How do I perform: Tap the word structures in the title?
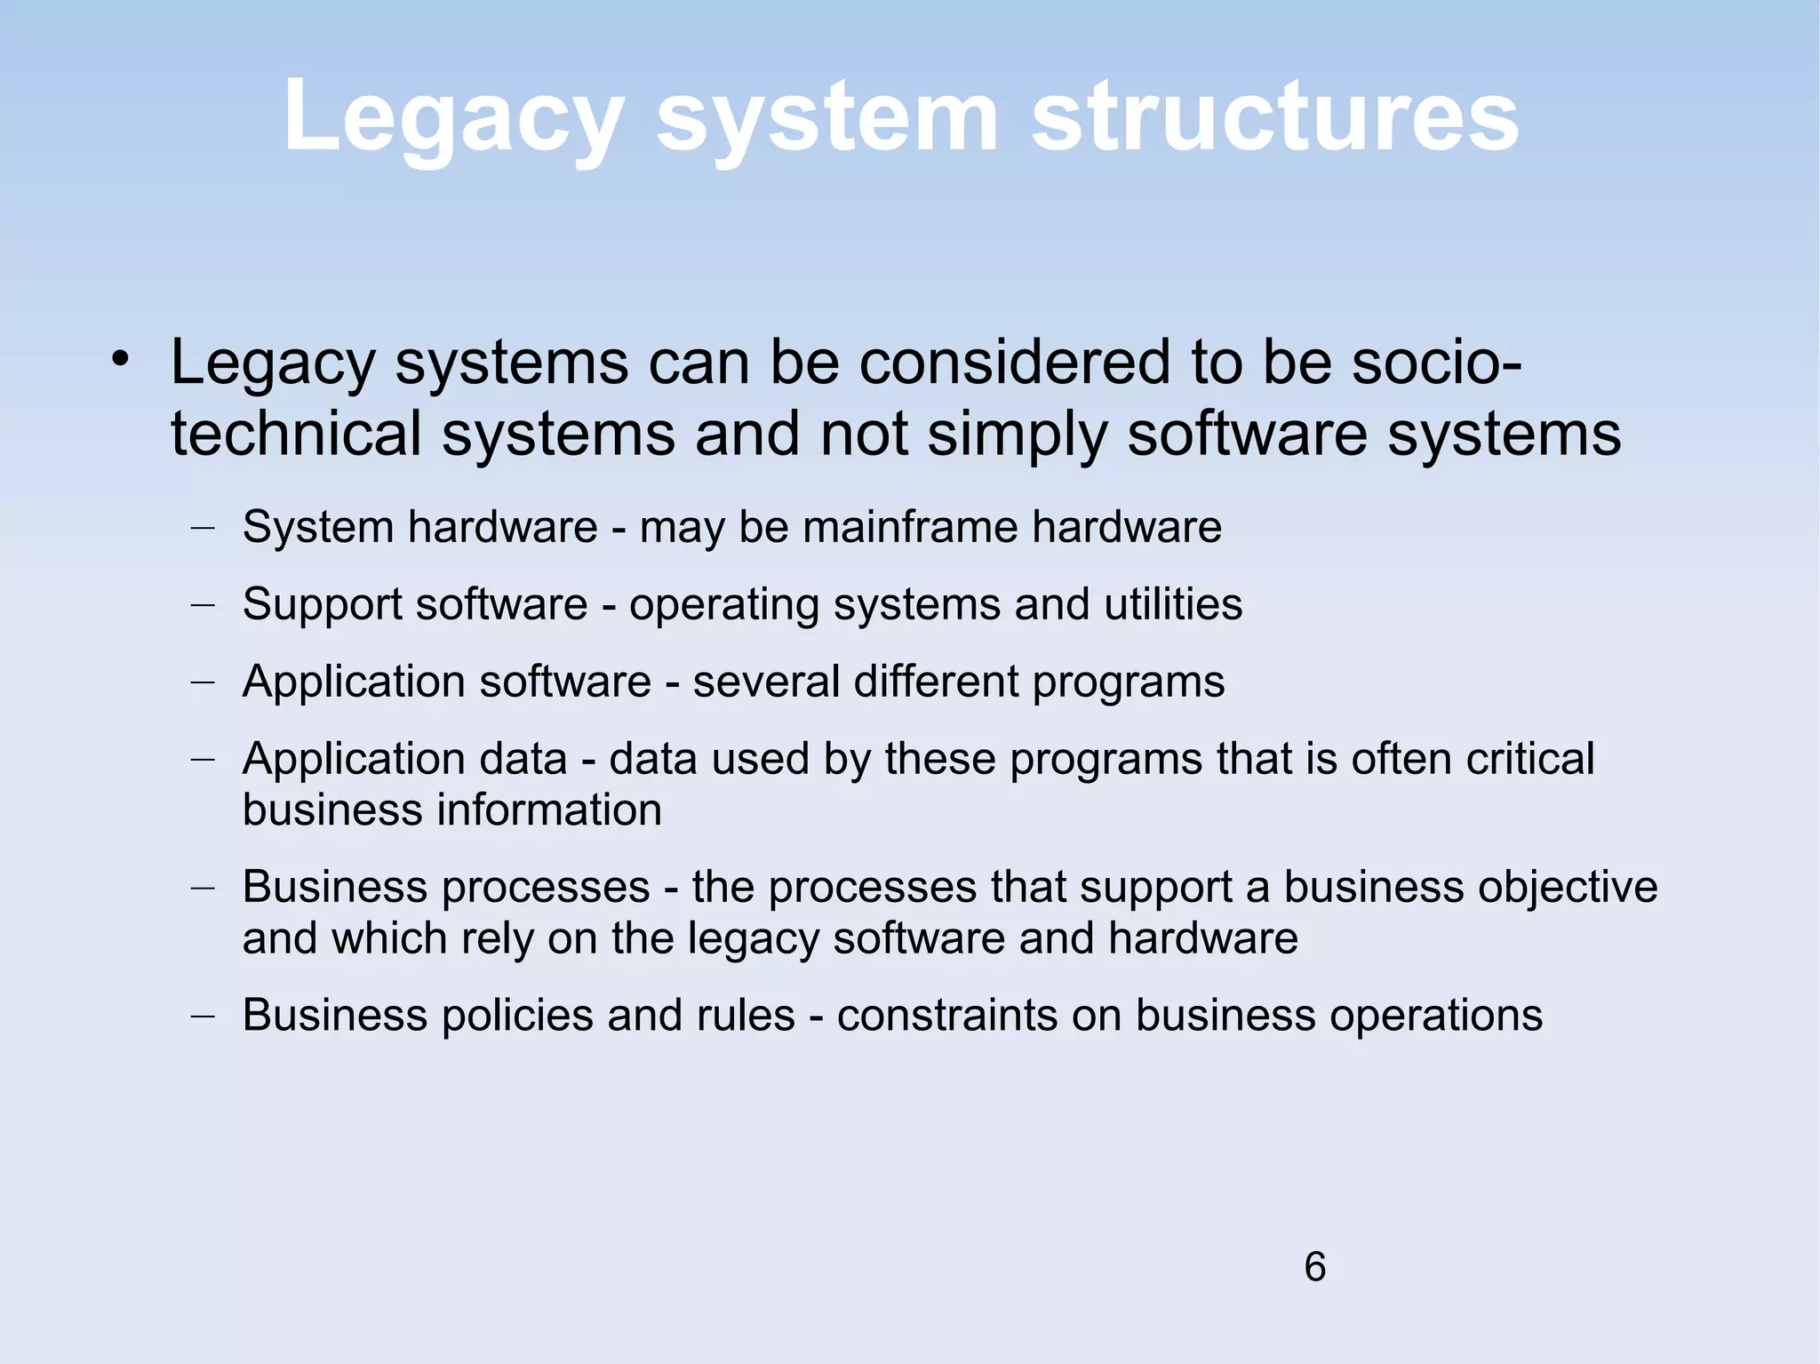coord(1275,117)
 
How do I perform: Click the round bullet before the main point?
coord(121,360)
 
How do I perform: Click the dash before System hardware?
coord(204,527)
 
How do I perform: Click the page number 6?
coord(1315,1266)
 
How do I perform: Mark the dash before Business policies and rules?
coord(204,1016)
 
